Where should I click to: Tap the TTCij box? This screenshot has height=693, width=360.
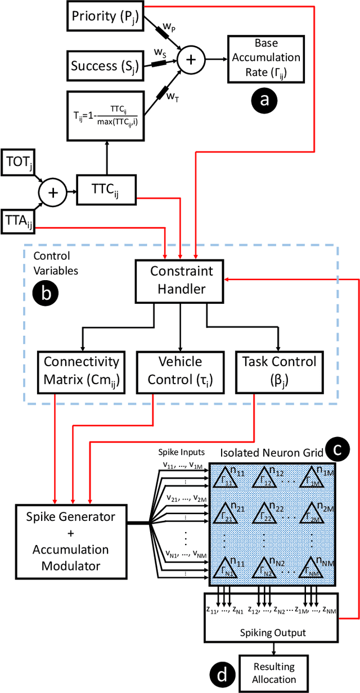pos(106,191)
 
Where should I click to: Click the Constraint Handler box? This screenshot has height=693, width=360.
pos(181,281)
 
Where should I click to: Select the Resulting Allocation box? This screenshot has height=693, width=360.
pos(273,673)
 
